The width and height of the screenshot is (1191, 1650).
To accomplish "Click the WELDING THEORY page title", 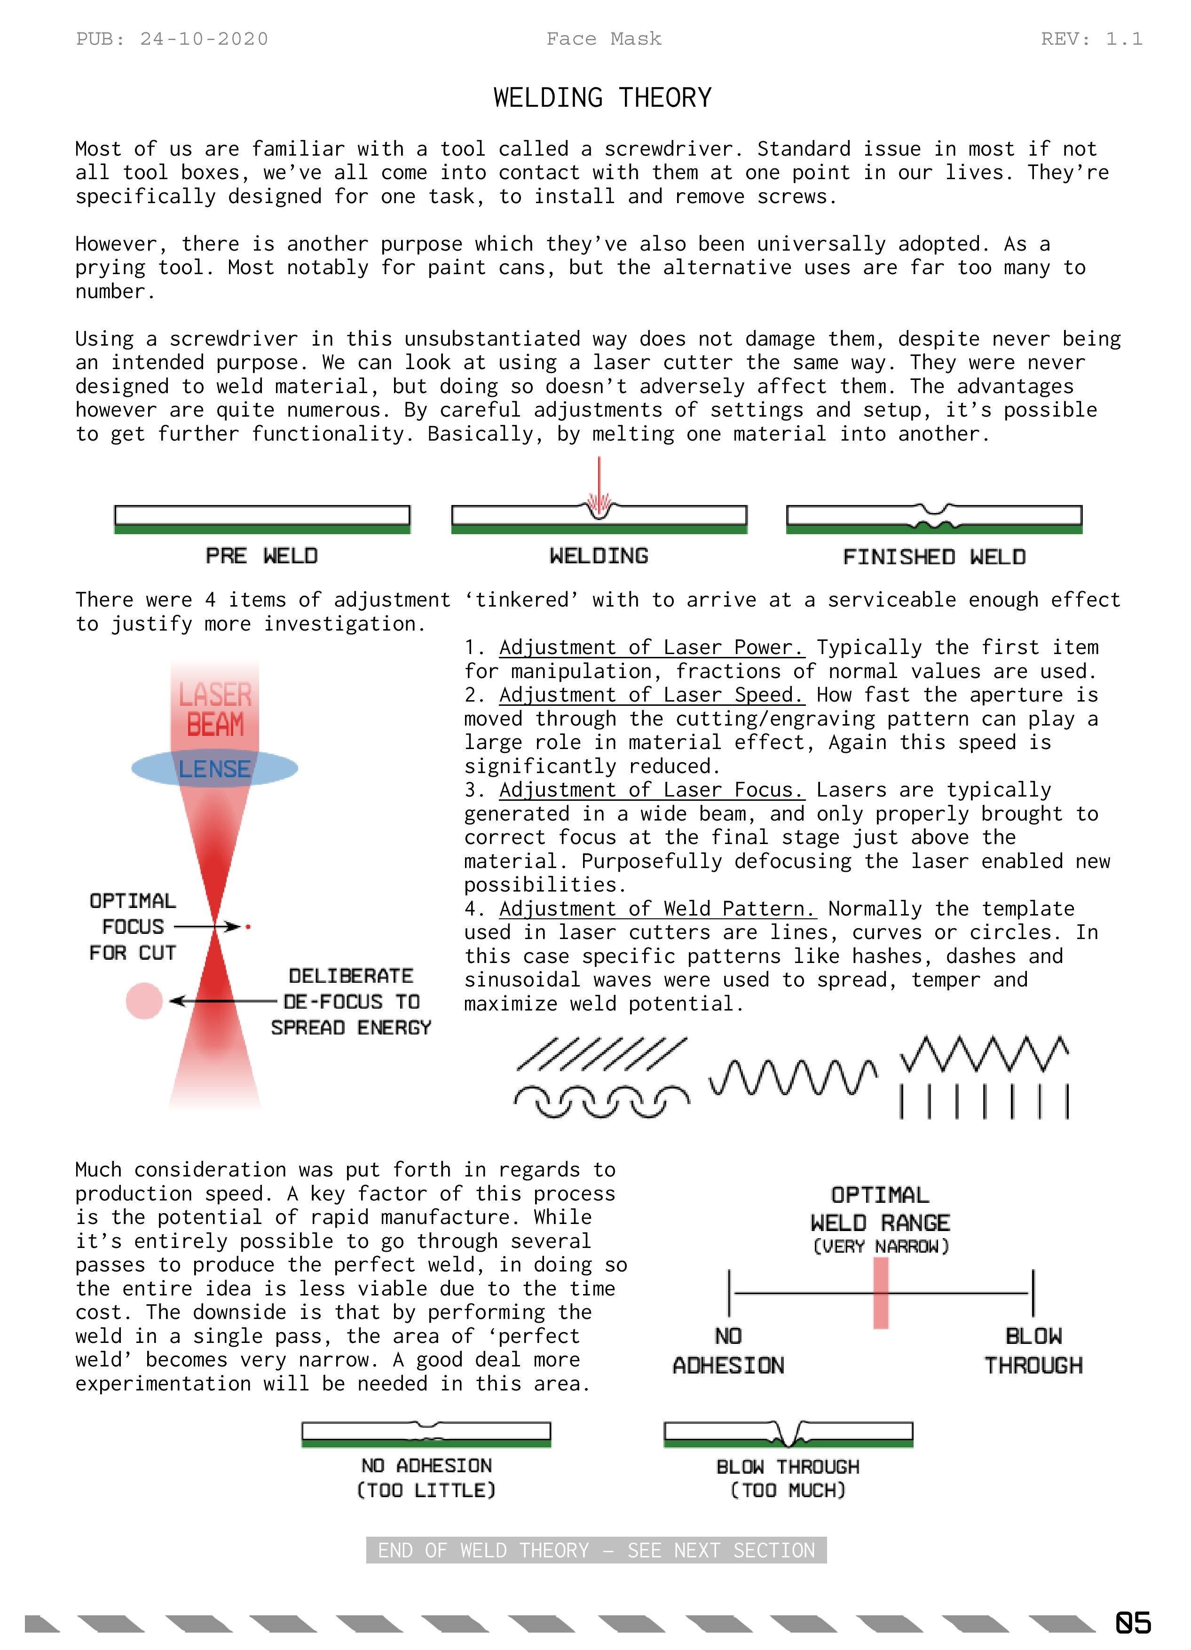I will tap(602, 97).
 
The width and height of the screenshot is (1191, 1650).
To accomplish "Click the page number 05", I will tap(1132, 1622).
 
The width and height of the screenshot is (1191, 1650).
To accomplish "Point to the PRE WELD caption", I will tap(261, 556).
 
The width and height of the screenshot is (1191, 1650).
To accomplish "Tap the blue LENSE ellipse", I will tap(214, 769).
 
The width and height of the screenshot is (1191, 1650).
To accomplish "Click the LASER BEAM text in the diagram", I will tap(214, 709).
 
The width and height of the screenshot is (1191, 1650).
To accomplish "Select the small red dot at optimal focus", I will tap(248, 927).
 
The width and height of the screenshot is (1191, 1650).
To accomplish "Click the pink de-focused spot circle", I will tap(144, 1001).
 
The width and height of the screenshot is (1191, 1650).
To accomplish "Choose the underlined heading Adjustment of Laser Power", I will tap(651, 647).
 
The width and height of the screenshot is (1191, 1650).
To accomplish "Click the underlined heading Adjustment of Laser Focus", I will tap(651, 790).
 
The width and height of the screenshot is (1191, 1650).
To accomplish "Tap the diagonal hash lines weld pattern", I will tap(601, 1054).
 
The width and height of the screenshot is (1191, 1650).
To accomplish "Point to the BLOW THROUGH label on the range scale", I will tap(1033, 1351).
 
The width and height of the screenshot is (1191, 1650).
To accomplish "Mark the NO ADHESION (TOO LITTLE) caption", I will tap(426, 1477).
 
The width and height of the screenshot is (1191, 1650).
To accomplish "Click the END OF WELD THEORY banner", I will tap(596, 1550).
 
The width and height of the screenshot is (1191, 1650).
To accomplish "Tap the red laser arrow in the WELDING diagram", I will tap(599, 484).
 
